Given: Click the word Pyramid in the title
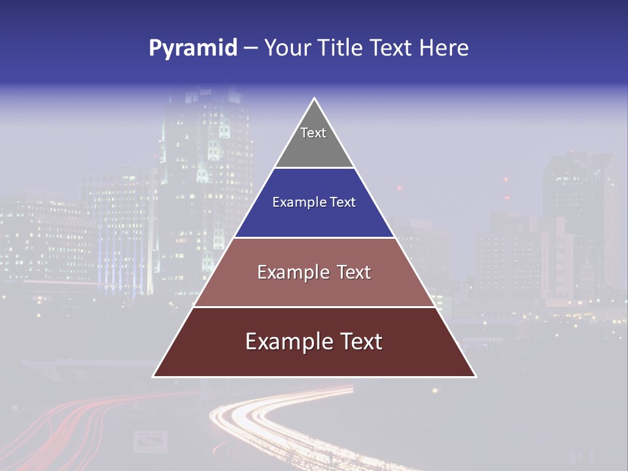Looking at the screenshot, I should point(192,48).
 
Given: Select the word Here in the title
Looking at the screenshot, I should point(444,48).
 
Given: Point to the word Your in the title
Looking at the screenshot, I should point(287,48).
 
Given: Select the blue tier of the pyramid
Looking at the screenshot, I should point(314,219).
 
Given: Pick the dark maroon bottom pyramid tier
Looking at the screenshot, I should point(314,360).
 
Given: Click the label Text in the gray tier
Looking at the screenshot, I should point(313,133).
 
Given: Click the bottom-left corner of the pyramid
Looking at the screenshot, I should point(154,376).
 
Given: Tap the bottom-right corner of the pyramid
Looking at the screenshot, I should point(475,376).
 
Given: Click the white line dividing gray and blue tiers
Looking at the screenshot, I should point(314,168).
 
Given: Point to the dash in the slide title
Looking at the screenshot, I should point(251,48).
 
